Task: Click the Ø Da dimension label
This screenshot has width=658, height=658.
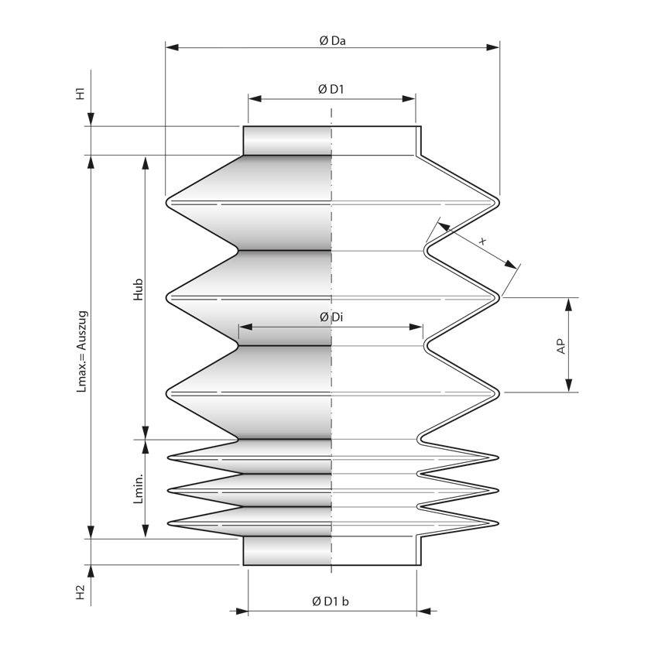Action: [x=332, y=41]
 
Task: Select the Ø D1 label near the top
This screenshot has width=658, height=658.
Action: [x=331, y=89]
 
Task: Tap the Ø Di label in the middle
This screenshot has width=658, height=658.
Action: [x=331, y=317]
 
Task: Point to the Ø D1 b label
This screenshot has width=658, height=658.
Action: [x=331, y=601]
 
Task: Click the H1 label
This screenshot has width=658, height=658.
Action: [x=81, y=93]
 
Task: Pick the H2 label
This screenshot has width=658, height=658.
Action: [x=81, y=592]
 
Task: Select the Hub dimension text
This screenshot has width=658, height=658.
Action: [x=138, y=290]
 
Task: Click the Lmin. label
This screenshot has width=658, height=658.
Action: [x=139, y=488]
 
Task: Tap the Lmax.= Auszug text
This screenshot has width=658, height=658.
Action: [x=82, y=351]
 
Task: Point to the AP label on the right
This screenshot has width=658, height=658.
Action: [x=561, y=346]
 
